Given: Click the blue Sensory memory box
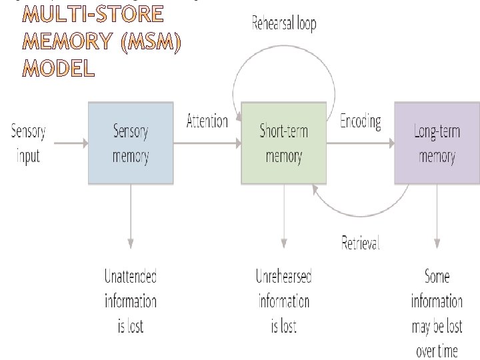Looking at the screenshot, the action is [x=131, y=143].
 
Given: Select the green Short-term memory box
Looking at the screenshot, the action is [x=284, y=143].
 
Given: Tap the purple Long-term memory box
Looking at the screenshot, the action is [x=437, y=143].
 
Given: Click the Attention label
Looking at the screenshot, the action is [x=207, y=122].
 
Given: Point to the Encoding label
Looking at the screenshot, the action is [x=360, y=122].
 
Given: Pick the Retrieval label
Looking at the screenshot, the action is [x=360, y=243].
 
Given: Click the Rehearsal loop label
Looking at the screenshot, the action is [x=284, y=25].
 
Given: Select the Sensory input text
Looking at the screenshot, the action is [x=28, y=143].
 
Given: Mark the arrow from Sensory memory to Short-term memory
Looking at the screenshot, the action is [x=207, y=143].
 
